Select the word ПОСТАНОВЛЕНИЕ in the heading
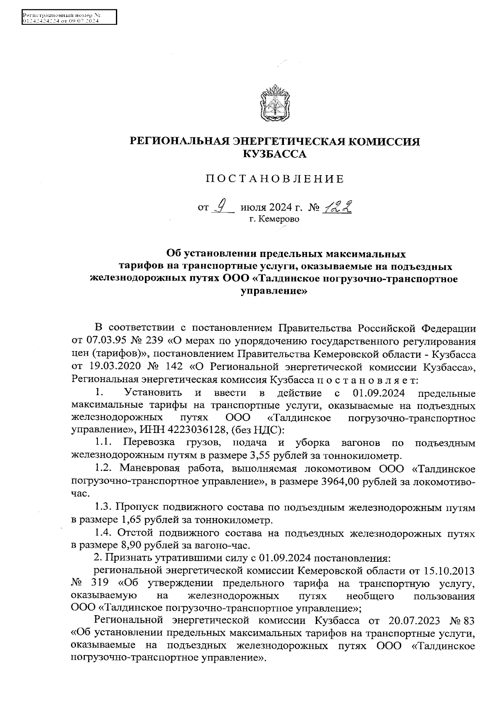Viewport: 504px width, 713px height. coord(275,179)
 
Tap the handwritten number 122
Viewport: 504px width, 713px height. coord(337,206)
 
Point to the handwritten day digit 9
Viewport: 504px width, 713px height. coord(224,206)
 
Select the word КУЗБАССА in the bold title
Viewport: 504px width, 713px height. coord(275,155)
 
